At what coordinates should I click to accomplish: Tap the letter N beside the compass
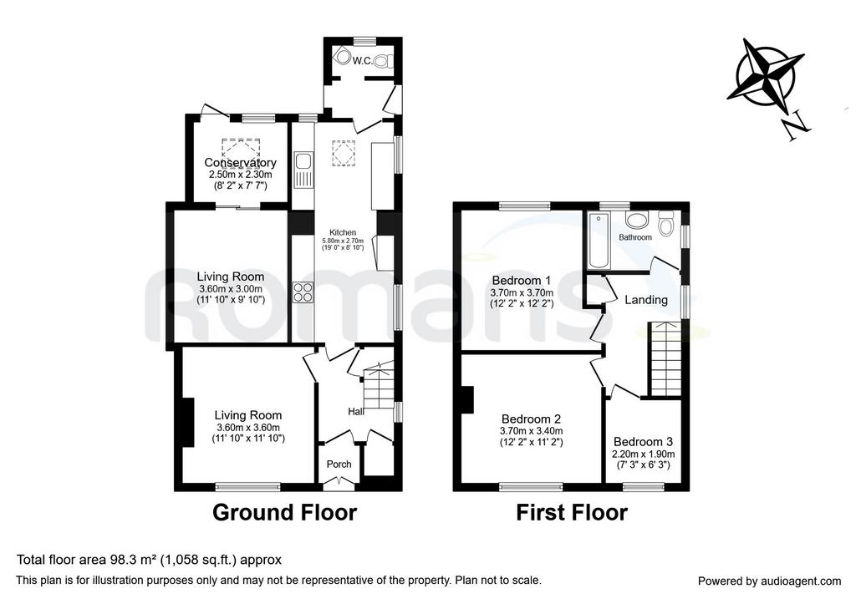pos(797,126)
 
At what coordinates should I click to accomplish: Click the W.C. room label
pos(363,60)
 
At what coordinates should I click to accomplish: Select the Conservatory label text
pos(240,163)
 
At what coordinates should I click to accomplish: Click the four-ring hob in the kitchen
pos(303,292)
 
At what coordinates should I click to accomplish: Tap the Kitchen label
pos(343,232)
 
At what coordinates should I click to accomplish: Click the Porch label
pos(339,464)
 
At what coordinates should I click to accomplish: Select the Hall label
pos(356,411)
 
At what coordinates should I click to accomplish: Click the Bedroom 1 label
pos(522,281)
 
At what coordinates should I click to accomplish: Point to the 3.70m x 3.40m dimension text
pos(531,431)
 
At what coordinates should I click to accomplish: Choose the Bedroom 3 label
pos(643,442)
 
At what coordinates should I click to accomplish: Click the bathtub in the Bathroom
pos(599,241)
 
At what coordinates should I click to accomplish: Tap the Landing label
pos(646,299)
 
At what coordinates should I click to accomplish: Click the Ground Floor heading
pos(284,513)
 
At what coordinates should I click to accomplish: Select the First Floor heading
pos(572,513)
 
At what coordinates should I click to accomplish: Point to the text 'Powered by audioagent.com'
pos(770,581)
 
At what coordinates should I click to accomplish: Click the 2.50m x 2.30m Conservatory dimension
pos(240,175)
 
